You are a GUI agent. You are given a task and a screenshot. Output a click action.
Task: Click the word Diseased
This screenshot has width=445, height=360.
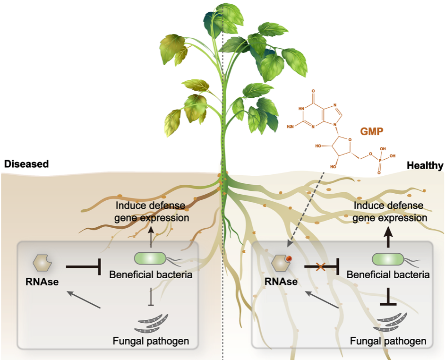pos(26,164)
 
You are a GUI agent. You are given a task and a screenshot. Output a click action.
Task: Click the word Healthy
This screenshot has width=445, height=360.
pos(425,165)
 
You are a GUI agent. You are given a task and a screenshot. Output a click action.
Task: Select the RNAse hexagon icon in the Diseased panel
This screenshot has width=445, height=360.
pos(42,261)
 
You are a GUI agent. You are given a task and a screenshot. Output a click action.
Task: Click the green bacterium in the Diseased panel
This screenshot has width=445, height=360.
pos(151,258)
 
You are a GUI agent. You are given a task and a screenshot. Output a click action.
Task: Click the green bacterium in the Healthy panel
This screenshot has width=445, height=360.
pos(388,259)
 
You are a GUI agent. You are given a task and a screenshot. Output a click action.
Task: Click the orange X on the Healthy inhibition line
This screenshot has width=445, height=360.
pos(320,268)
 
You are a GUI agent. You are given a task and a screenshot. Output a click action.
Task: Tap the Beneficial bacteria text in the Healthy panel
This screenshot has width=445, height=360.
pos(388,274)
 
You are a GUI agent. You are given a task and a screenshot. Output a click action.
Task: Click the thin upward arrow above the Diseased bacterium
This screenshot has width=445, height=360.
pos(151,235)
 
